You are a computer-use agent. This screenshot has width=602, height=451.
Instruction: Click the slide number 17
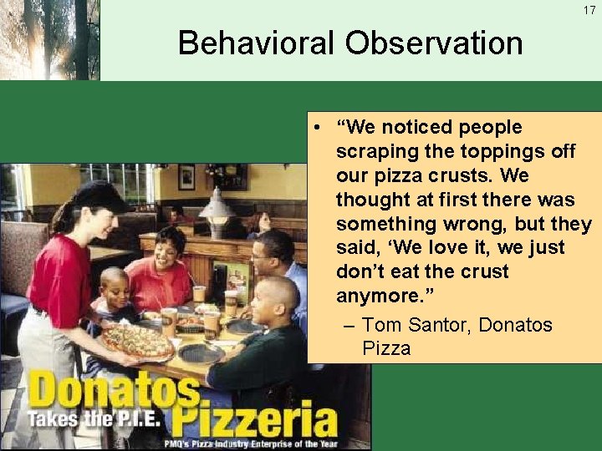click(x=589, y=10)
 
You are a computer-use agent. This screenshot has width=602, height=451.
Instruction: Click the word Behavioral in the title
click(x=252, y=43)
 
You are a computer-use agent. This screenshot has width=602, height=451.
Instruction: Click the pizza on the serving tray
click(x=138, y=340)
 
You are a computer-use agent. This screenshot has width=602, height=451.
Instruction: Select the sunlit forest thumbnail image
click(x=50, y=39)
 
